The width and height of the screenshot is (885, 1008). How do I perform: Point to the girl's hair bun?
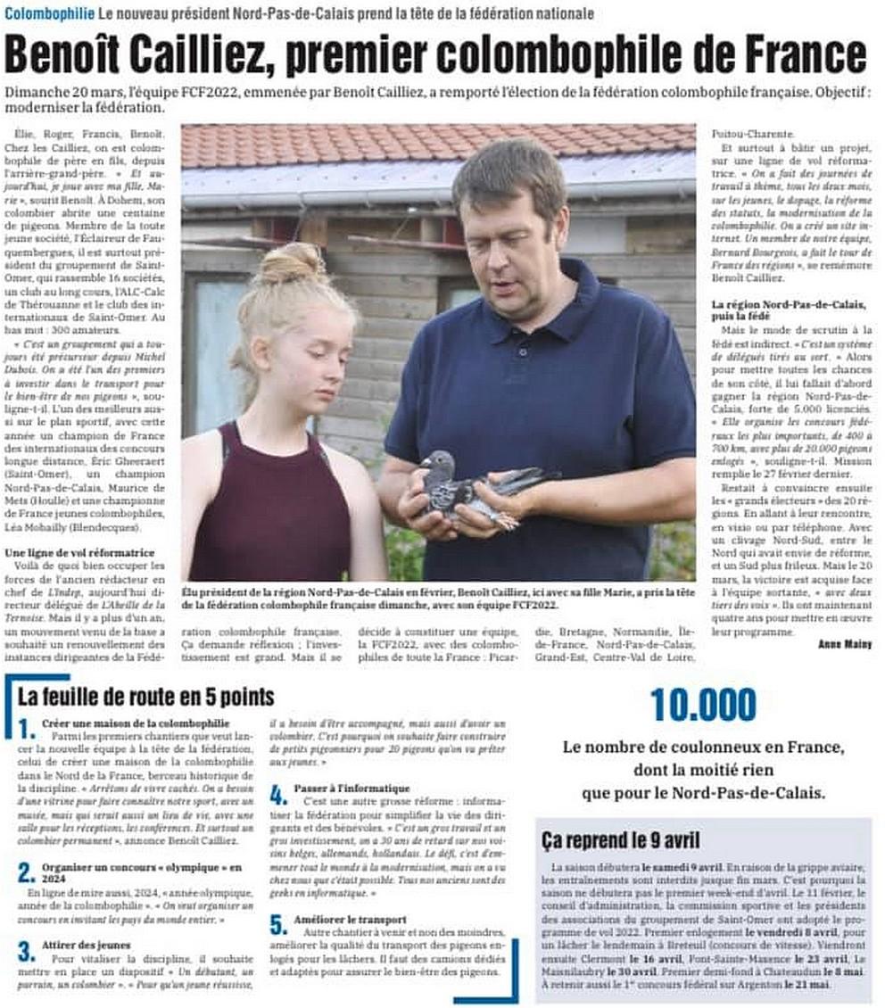(294, 263)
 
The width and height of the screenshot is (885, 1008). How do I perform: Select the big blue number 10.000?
(703, 705)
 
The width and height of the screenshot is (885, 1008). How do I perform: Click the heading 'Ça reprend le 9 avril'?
(621, 839)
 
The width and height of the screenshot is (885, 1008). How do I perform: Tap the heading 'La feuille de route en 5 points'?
(145, 696)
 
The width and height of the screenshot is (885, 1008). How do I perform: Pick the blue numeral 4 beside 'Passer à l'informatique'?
(278, 795)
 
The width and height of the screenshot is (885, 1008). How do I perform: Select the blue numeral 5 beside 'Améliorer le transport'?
(278, 925)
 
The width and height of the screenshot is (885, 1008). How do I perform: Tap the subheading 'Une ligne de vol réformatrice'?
(80, 553)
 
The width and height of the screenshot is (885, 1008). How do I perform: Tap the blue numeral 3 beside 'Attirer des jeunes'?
(26, 951)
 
